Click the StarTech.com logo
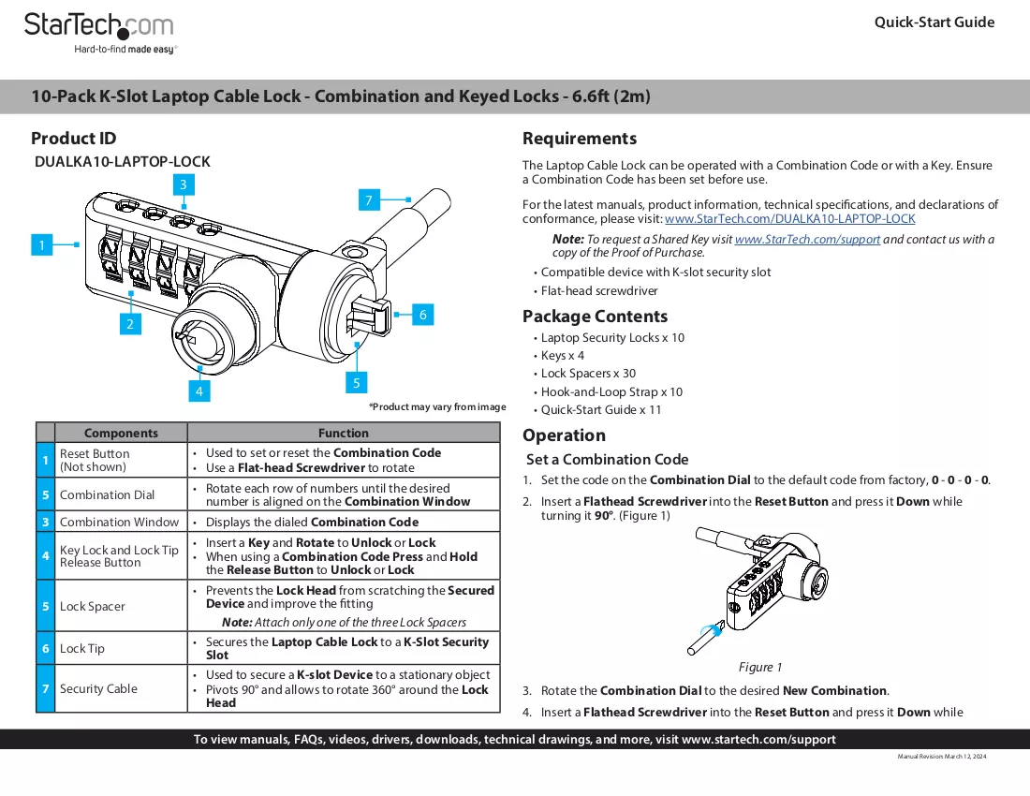pyautogui.click(x=100, y=33)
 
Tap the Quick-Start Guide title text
pyautogui.click(x=934, y=22)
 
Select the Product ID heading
pyautogui.click(x=74, y=139)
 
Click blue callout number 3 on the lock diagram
pyautogui.click(x=184, y=184)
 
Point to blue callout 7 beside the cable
pyautogui.click(x=369, y=199)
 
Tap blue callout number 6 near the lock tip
pyautogui.click(x=423, y=315)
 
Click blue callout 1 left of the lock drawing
pyautogui.click(x=42, y=245)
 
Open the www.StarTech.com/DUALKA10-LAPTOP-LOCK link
pyautogui.click(x=789, y=219)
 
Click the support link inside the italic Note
pyautogui.click(x=807, y=239)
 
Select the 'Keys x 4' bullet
pyautogui.click(x=563, y=355)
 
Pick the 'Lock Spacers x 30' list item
pyautogui.click(x=588, y=373)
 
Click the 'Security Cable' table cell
pyautogui.click(x=98, y=688)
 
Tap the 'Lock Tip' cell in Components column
pyautogui.click(x=82, y=648)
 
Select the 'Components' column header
pyautogui.click(x=121, y=433)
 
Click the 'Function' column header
pyautogui.click(x=344, y=433)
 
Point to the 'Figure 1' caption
pyautogui.click(x=760, y=668)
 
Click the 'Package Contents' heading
pyautogui.click(x=596, y=317)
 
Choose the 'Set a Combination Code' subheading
pyautogui.click(x=608, y=460)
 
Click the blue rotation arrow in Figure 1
pyautogui.click(x=714, y=629)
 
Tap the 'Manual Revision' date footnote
pyautogui.click(x=942, y=757)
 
